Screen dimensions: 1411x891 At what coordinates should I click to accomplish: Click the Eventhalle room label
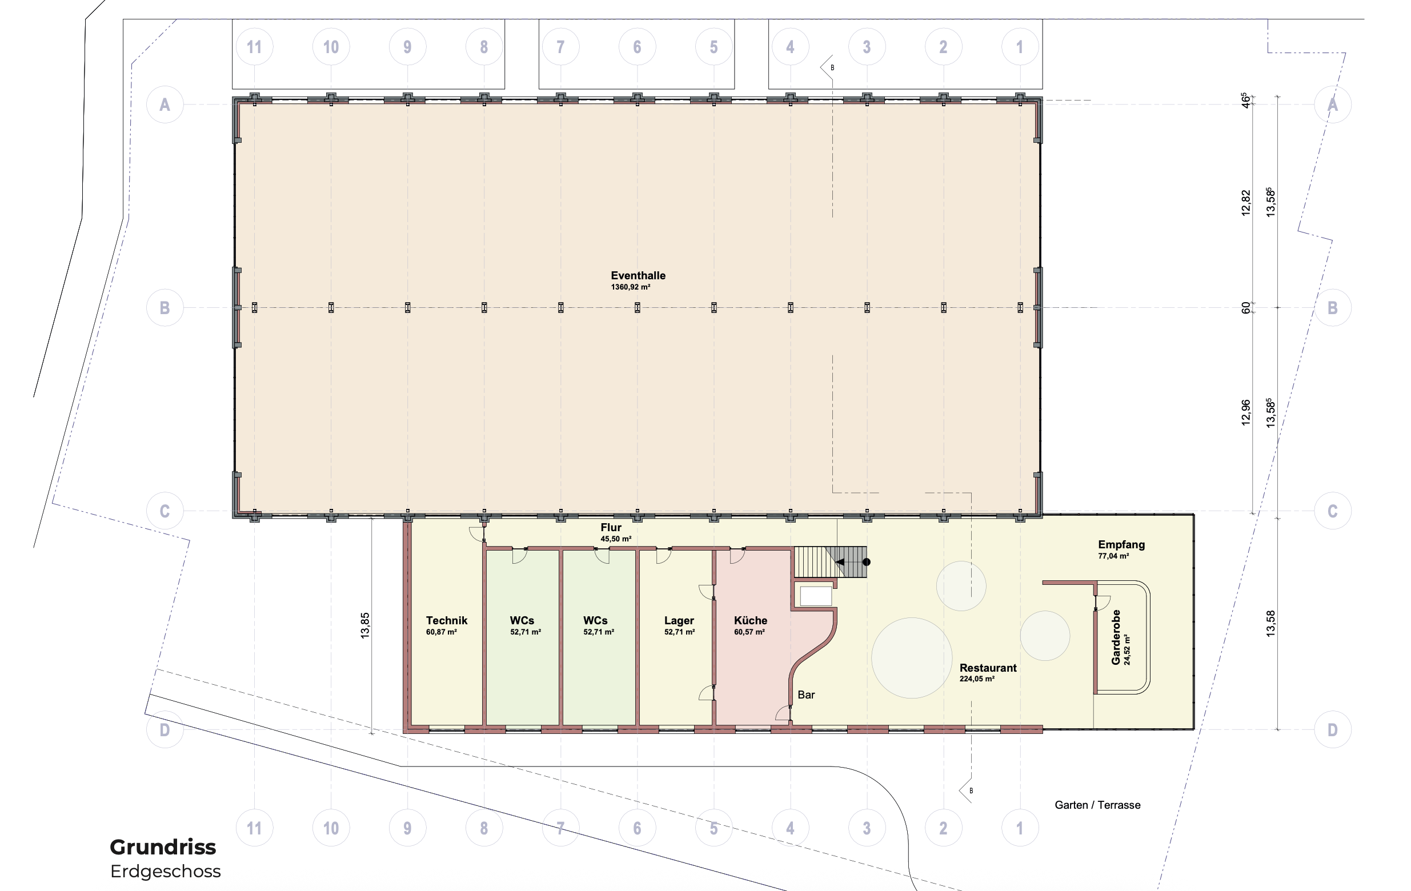(638, 275)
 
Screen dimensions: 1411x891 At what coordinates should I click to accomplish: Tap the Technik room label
(447, 620)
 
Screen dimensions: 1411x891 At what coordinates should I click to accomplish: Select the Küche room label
(751, 620)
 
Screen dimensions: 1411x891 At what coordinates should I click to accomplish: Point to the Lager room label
(679, 620)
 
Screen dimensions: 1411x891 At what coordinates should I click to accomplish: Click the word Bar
(806, 695)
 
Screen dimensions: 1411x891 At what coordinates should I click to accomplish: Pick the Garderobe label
(1116, 637)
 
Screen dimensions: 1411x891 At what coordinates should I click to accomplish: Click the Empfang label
(1121, 545)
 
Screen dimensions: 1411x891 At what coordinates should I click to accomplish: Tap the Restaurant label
(988, 668)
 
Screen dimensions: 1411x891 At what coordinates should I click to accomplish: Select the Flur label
(611, 527)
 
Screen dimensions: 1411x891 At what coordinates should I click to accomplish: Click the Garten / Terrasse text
(1097, 805)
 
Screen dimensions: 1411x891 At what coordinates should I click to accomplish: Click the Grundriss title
(163, 847)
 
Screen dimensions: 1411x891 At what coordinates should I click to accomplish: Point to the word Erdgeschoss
(166, 872)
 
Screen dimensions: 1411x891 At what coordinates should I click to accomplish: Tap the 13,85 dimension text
(365, 625)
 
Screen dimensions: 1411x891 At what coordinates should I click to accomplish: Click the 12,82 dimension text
(1246, 203)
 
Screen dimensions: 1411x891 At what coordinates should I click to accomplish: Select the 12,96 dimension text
(1246, 412)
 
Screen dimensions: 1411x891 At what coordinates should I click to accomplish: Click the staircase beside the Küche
(830, 562)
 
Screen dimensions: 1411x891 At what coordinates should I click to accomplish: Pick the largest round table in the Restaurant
(912, 658)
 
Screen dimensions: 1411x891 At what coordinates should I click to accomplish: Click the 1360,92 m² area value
(631, 287)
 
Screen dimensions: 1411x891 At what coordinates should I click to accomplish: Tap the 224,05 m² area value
(977, 679)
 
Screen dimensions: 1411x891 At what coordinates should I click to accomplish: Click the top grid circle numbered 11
(254, 47)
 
